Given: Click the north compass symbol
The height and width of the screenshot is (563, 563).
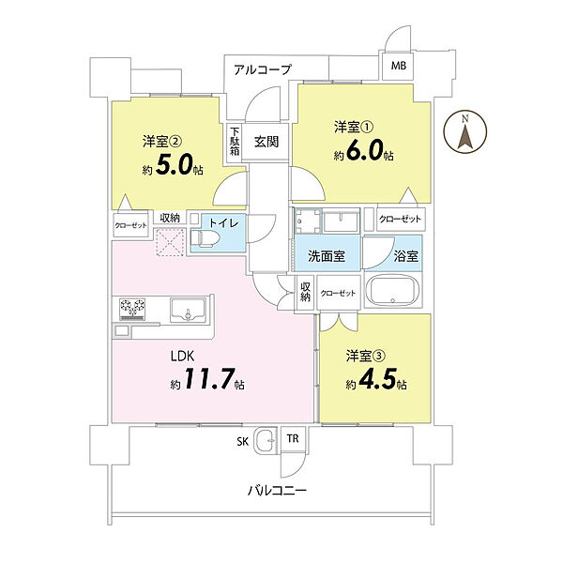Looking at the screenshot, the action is (x=465, y=131).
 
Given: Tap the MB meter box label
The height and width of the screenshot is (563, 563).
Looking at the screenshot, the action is (x=399, y=66).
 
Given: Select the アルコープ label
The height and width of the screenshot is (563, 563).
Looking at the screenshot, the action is (x=262, y=69).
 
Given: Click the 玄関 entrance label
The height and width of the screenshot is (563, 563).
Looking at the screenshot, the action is (x=266, y=142).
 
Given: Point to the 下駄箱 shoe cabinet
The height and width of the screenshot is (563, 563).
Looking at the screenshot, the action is (x=235, y=143).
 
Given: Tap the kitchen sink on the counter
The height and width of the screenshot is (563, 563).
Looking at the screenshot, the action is (x=188, y=310).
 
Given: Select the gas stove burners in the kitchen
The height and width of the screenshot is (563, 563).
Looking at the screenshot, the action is (x=133, y=309).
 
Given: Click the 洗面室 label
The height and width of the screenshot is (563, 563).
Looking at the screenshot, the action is (x=327, y=255).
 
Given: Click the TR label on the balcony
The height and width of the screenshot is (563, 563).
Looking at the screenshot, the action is (x=293, y=439).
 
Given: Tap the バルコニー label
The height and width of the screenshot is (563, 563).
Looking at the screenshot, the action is (x=277, y=490).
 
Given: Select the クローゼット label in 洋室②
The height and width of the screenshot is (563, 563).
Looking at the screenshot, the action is (x=130, y=225).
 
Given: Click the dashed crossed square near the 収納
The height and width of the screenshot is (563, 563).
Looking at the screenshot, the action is (x=171, y=242).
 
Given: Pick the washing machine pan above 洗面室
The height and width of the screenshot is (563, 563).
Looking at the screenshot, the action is (x=308, y=221).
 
